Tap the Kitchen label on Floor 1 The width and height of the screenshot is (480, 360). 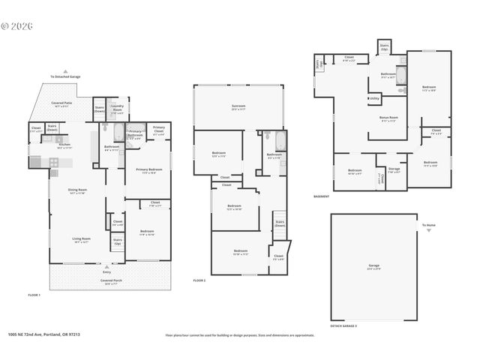64,145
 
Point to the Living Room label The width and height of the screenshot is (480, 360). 80,240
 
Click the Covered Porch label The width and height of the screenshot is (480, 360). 112,281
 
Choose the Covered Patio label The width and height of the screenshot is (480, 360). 61,105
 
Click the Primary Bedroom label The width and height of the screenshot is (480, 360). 148,170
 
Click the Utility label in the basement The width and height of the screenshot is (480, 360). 374,97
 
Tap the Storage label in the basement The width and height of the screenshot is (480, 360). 394,170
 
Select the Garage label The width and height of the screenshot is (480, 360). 373,265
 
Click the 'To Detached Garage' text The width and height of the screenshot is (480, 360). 65,76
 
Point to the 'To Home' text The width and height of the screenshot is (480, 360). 428,225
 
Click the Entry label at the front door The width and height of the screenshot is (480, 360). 106,271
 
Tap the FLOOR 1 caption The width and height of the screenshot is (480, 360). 34,295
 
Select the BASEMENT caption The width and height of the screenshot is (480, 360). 322,196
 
